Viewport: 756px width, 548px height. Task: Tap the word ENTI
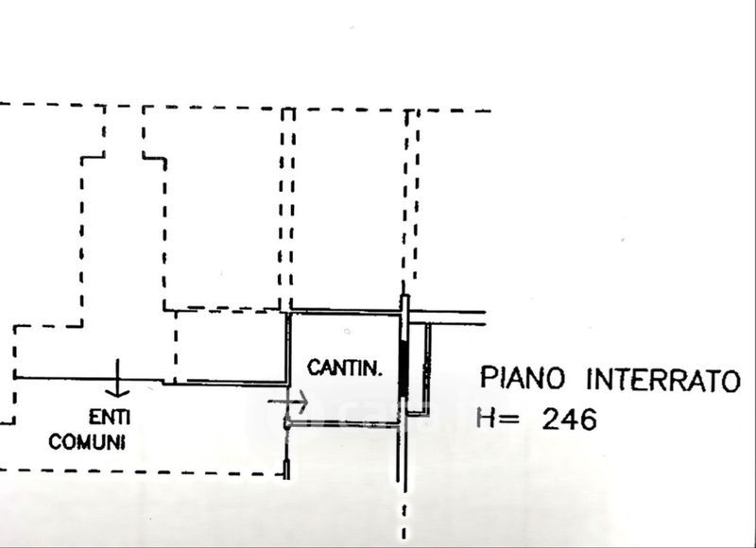coord(110,416)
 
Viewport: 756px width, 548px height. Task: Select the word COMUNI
coord(88,441)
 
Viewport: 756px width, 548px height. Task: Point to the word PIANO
coord(524,380)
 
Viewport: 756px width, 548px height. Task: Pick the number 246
coord(569,419)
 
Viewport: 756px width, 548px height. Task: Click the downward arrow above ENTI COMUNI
coord(117,379)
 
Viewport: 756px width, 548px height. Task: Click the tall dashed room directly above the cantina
coord(348,208)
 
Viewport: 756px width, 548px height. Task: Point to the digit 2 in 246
coord(550,419)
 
